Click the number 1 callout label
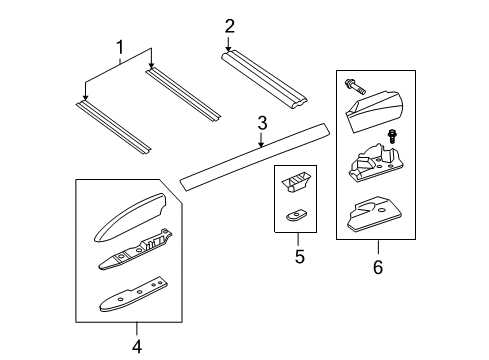point(121,47)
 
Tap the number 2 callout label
point(229,25)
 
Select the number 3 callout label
point(262,123)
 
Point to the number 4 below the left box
point(137,346)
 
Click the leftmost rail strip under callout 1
point(113,126)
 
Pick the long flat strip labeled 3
point(255,153)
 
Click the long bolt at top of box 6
point(356,87)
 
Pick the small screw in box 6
point(393,136)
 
